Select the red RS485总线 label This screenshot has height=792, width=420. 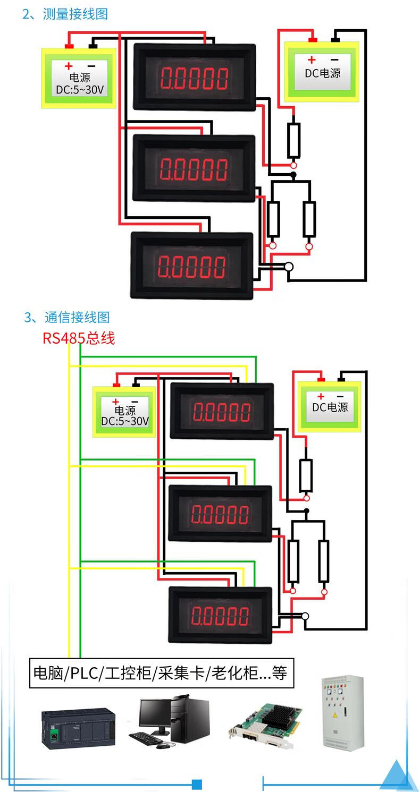pos(79,338)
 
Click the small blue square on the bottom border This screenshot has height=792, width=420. pos(197,784)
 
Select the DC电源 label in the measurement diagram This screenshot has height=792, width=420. pos(322,73)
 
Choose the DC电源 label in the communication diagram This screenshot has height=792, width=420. pos(330,407)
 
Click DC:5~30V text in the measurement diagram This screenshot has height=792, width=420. pos(80,90)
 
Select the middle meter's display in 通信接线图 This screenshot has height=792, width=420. pos(220,514)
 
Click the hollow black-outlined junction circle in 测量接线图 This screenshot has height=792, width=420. pos(289,267)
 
